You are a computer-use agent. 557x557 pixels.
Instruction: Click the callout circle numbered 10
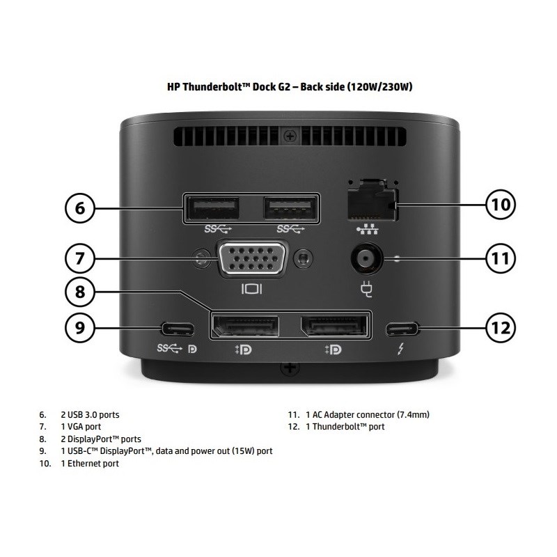501,205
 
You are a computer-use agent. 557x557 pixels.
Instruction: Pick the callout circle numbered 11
501,258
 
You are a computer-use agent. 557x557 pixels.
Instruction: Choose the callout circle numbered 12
501,326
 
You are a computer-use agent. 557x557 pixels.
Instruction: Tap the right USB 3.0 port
291,207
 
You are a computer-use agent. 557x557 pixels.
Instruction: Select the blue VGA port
252,259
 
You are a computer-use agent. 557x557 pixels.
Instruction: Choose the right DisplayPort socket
334,325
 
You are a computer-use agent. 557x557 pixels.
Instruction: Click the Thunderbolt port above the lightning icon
402,326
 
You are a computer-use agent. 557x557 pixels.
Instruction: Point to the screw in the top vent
297,132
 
